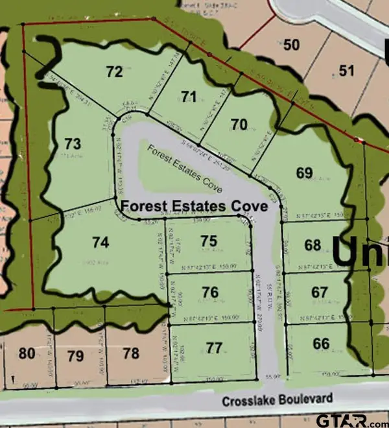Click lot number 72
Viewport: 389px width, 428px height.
pyautogui.click(x=114, y=71)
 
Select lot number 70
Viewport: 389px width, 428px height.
pyautogui.click(x=239, y=125)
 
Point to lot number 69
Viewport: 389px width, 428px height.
pyautogui.click(x=304, y=173)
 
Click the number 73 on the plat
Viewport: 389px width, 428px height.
pyautogui.click(x=73, y=143)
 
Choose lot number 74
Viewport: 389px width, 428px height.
pyautogui.click(x=100, y=243)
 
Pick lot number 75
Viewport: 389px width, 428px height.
pyautogui.click(x=209, y=241)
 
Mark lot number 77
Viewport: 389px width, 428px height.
pyautogui.click(x=215, y=348)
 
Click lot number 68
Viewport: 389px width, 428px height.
pyautogui.click(x=312, y=245)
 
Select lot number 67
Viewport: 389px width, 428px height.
pyautogui.click(x=319, y=292)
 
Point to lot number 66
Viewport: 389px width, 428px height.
pyautogui.click(x=321, y=344)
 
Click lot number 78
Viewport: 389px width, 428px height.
pyautogui.click(x=131, y=353)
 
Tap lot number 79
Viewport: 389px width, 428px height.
pyautogui.click(x=76, y=355)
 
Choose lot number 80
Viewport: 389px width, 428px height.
pyautogui.click(x=27, y=353)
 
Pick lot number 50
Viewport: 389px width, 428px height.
pyautogui.click(x=292, y=45)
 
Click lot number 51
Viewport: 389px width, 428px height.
pyautogui.click(x=347, y=71)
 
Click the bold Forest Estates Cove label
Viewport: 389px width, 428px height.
pyautogui.click(x=195, y=206)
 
